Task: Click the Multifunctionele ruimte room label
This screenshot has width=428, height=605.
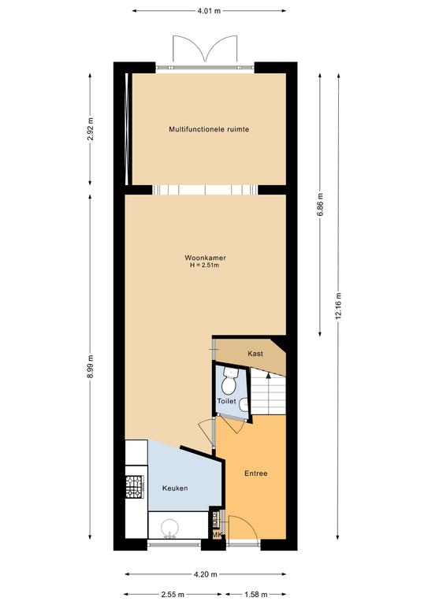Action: [209, 129]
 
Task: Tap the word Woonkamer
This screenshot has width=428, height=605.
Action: [205, 258]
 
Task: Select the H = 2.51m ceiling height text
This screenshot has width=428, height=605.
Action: [205, 265]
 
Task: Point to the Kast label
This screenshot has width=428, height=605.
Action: [255, 354]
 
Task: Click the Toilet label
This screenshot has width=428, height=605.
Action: [226, 401]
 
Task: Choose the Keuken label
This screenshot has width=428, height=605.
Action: [175, 488]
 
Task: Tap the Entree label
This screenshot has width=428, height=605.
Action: [256, 473]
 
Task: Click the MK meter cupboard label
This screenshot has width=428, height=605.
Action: [218, 535]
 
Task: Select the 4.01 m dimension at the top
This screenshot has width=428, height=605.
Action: [209, 11]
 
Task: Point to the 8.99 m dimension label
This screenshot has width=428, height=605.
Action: [91, 367]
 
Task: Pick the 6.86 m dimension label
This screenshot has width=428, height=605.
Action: [320, 205]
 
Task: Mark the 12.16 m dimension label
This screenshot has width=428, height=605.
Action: [338, 306]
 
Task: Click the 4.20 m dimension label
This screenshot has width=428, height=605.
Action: [205, 574]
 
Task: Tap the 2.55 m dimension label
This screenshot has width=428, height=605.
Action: [173, 594]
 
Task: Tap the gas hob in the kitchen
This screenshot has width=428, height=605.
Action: [135, 486]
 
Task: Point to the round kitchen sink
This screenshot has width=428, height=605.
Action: [169, 528]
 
